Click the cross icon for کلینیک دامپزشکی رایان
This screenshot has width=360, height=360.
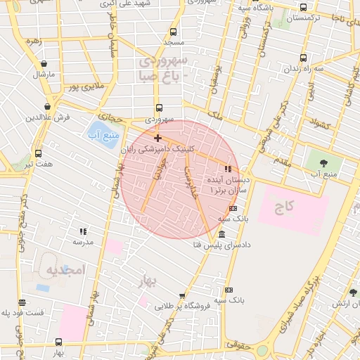tap(157, 138)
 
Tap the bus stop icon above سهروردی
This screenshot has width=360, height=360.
tap(159, 108)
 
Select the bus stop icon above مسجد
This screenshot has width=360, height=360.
tap(174, 31)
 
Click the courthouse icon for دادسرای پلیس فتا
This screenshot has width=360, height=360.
tap(222, 234)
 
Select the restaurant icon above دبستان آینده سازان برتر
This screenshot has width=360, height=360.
tap(227, 169)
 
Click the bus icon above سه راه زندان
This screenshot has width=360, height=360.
tap(303, 58)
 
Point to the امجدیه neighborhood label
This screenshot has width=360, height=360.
tap(64, 270)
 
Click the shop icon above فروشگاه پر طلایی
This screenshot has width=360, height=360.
tap(182, 296)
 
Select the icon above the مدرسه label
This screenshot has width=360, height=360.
tap(83, 231)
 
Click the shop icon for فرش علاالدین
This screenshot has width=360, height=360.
tap(47, 106)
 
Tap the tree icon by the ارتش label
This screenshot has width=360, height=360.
tap(353, 292)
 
